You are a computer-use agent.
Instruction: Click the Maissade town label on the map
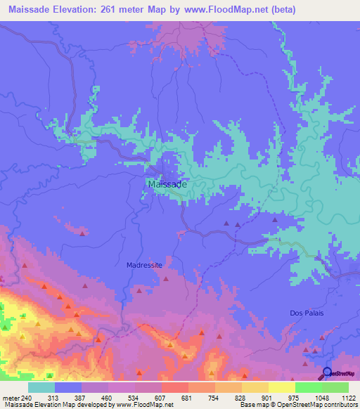click(x=167, y=184)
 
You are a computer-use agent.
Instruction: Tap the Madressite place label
click(x=145, y=266)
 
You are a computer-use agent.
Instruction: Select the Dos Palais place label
click(x=306, y=313)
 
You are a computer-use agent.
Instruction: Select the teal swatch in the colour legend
click(x=41, y=387)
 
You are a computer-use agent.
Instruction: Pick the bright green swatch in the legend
click(x=308, y=387)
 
